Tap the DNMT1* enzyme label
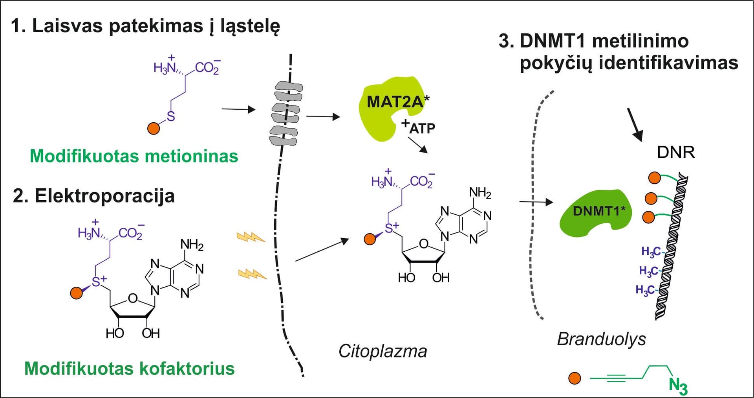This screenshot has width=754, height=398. tap(598, 211)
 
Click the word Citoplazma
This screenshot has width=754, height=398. tap(382, 351)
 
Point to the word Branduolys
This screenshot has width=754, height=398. tap(601, 339)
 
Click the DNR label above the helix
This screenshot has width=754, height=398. tap(675, 153)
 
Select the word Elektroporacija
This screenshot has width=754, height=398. tap(104, 196)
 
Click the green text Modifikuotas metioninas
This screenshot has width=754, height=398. tap(134, 157)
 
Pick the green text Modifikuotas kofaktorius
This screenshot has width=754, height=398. tap(130, 369)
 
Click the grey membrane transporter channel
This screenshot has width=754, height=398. tap(286, 113)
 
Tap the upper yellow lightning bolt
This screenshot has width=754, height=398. tap(251, 237)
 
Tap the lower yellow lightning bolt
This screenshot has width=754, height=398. tap(252, 274)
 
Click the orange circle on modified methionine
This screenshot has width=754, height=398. tap(153, 128)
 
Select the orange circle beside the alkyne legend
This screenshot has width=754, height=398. tap(575, 378)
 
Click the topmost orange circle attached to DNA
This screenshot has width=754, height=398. tap(654, 178)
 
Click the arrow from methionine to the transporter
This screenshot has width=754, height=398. tap(238, 110)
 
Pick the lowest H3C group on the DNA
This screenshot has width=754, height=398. tap(645, 290)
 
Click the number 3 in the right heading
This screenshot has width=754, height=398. tap(503, 41)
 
